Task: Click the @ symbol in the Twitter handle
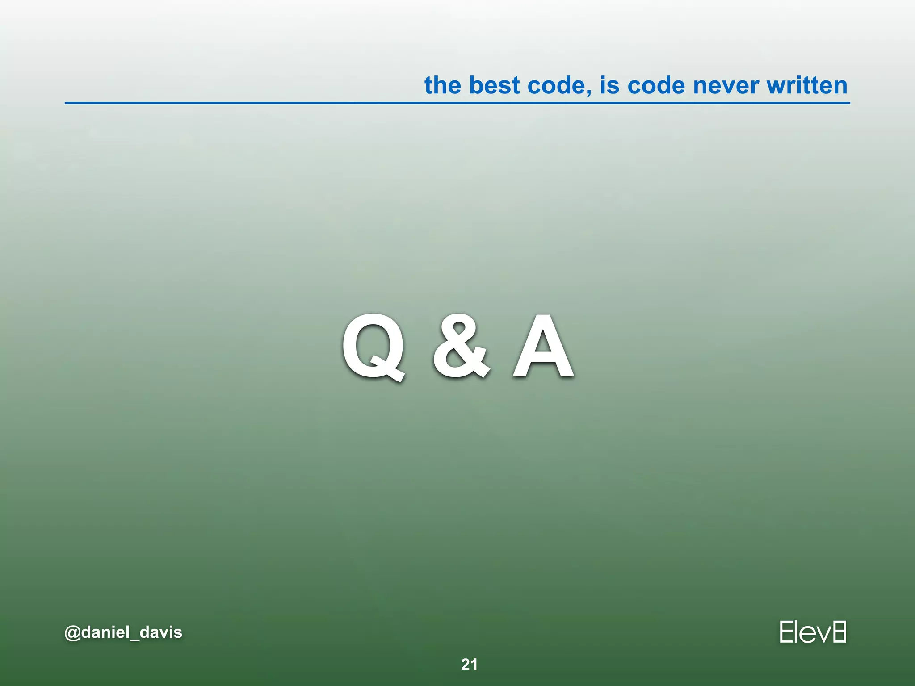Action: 72,633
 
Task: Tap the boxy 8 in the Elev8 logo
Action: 839,632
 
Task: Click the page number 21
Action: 469,665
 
